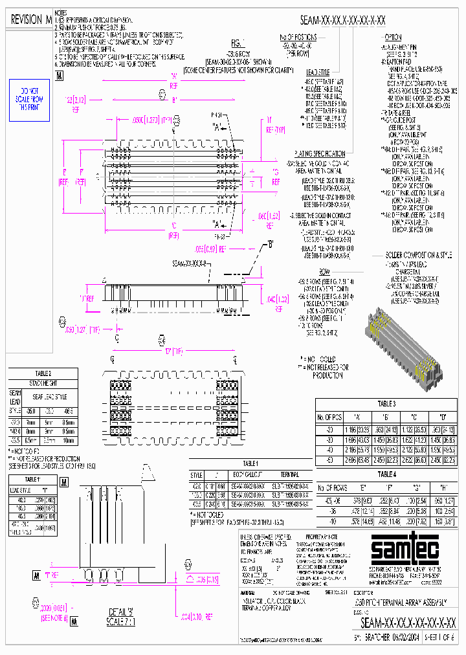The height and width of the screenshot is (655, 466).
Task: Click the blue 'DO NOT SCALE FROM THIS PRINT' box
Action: click(x=29, y=101)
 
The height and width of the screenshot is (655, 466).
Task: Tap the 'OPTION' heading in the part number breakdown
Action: click(x=394, y=38)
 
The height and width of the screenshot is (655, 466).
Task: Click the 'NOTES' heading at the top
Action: click(x=60, y=13)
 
